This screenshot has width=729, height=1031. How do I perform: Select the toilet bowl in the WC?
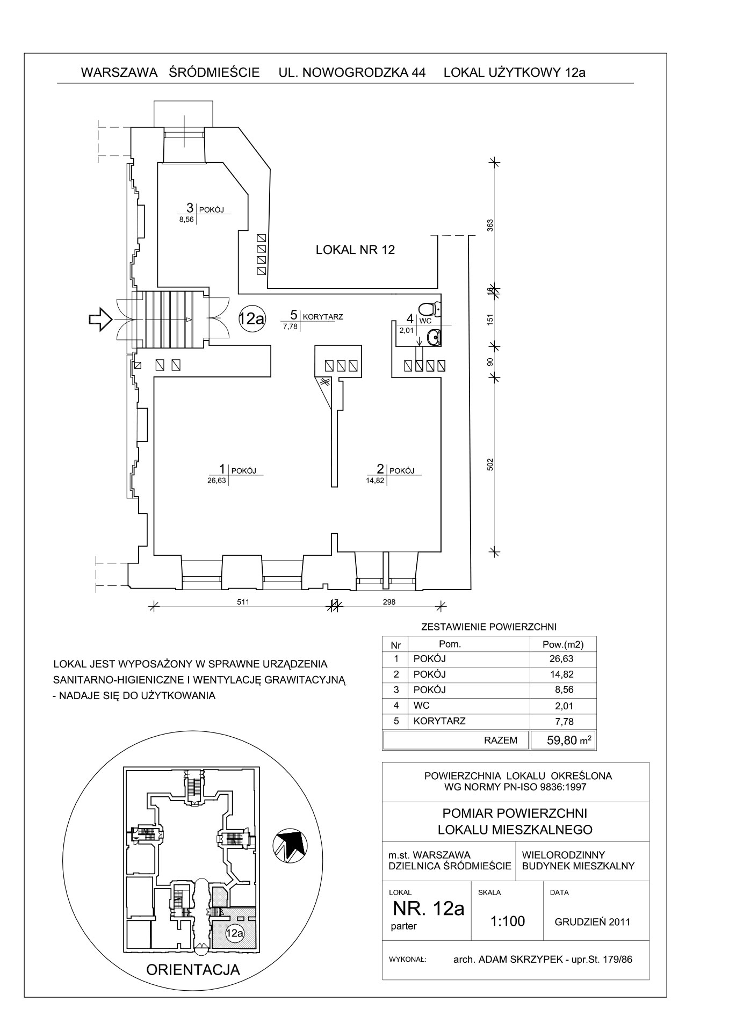tap(430, 309)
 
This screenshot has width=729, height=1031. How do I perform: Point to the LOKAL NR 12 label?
tap(355, 250)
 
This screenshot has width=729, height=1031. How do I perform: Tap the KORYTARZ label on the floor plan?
tap(323, 317)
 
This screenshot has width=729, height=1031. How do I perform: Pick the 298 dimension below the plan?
tap(389, 602)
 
